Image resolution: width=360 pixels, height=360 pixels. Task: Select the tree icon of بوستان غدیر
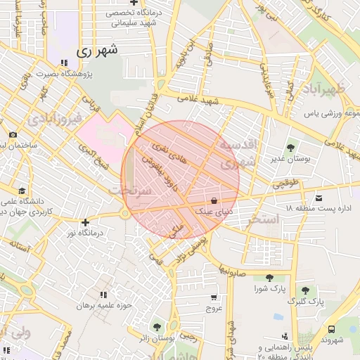[x=290, y=148]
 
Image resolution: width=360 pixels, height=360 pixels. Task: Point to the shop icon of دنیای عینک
[x=214, y=200]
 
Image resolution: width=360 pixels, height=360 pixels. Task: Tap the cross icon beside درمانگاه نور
[x=85, y=222]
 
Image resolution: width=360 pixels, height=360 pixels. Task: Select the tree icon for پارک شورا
[x=269, y=278]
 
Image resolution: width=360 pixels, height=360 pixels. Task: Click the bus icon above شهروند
[x=331, y=328]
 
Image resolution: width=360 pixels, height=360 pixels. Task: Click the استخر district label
[x=264, y=220]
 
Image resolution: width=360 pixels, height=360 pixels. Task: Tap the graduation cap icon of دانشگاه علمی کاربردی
[x=22, y=191]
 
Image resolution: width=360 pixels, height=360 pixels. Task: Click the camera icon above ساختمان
[x=13, y=135]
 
